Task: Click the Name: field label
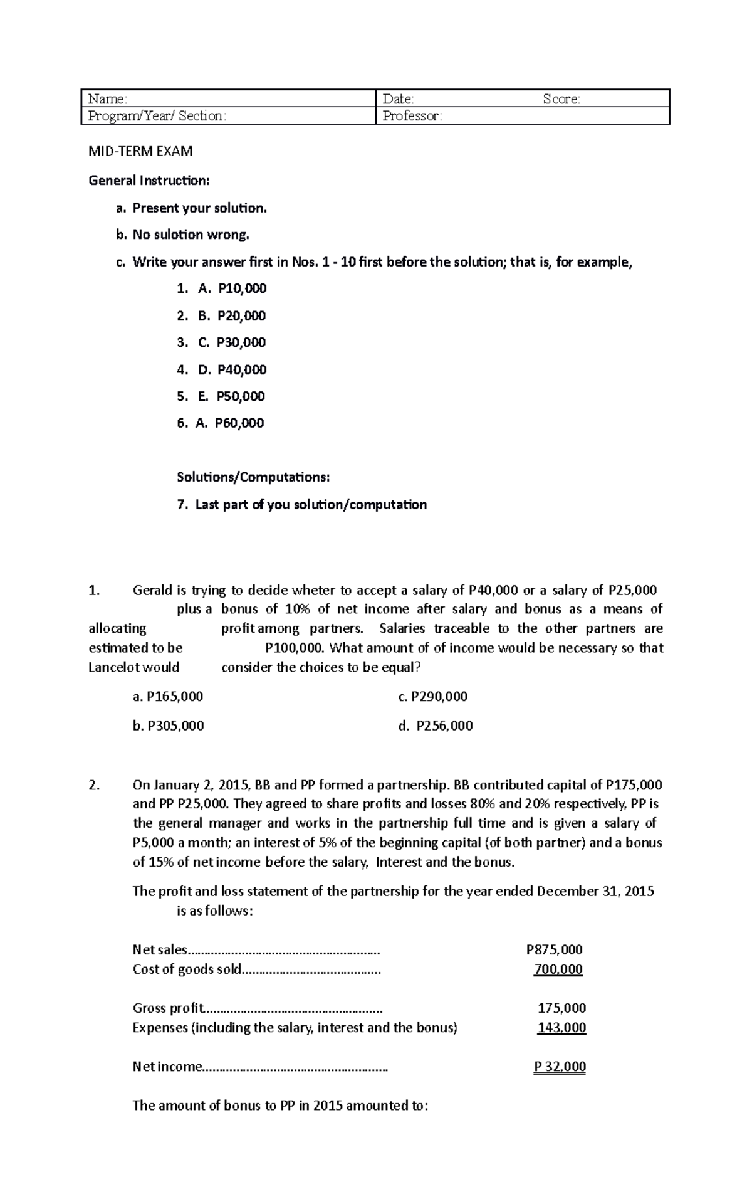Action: pyautogui.click(x=107, y=99)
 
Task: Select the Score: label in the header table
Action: pyautogui.click(x=561, y=99)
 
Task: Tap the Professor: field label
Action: pyautogui.click(x=412, y=116)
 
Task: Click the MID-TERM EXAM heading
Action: pyautogui.click(x=140, y=151)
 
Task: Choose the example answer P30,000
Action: pyautogui.click(x=241, y=342)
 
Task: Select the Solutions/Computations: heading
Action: pyautogui.click(x=253, y=477)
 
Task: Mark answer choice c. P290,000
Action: pyautogui.click(x=433, y=697)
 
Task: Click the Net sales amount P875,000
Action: pyautogui.click(x=554, y=950)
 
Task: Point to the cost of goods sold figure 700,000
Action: pyautogui.click(x=558, y=969)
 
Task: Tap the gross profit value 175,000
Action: pyautogui.click(x=562, y=1008)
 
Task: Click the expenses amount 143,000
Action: pyautogui.click(x=562, y=1028)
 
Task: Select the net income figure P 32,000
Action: pyautogui.click(x=560, y=1067)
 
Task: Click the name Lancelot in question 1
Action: pyautogui.click(x=115, y=667)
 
